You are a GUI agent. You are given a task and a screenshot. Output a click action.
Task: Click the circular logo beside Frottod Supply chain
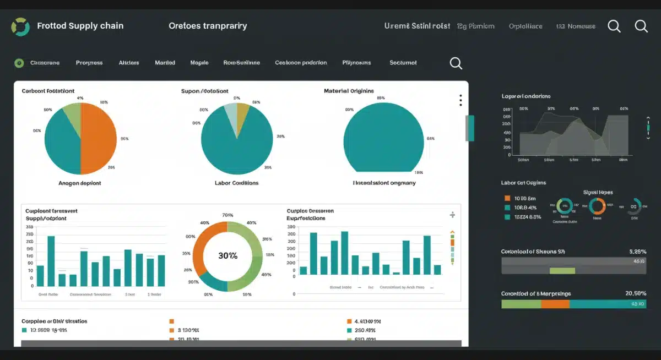20,26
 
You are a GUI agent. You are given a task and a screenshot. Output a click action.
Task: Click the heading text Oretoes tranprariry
208,26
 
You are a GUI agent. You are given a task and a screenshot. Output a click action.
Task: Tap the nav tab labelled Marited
165,63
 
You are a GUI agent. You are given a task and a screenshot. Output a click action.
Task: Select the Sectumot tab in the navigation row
403,63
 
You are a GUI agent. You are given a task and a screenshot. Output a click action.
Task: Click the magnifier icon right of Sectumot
456,63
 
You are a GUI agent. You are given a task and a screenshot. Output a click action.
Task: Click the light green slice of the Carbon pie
73,114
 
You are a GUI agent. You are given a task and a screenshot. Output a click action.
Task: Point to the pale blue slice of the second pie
231,117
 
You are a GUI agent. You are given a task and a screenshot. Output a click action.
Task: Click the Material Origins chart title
349,91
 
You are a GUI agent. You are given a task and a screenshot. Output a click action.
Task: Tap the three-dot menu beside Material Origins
460,100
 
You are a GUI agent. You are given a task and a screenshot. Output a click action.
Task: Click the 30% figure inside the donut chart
227,256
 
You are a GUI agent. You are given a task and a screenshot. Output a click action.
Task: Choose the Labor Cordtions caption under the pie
236,183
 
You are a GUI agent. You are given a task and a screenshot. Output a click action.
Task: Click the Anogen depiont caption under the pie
80,183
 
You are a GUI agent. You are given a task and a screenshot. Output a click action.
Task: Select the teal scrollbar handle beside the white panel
470,128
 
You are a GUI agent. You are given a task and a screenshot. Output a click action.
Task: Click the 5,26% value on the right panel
637,251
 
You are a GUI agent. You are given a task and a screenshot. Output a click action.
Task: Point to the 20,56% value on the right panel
635,293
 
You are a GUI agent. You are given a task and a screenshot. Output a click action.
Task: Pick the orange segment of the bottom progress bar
555,304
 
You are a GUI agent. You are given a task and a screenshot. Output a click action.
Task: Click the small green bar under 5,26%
562,270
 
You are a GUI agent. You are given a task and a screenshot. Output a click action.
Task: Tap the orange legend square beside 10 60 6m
507,198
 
